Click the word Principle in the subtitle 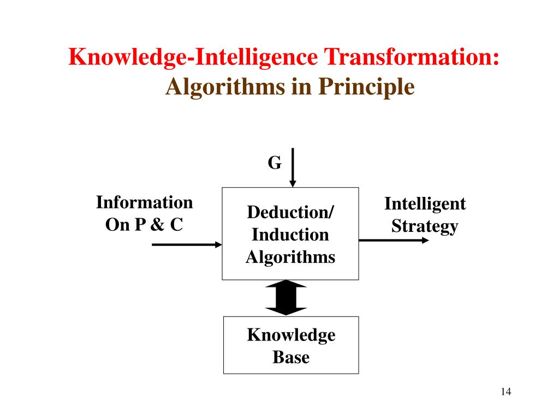[367, 87]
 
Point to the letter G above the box [275, 163]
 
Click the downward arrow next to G [293, 167]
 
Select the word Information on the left [145, 203]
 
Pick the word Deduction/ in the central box [290, 212]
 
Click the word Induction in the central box [290, 235]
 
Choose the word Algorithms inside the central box [290, 256]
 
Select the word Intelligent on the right [425, 204]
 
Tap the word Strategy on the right [425, 226]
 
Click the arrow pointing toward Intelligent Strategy [393, 240]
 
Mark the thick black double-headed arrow [286, 298]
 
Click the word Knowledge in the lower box [291, 334]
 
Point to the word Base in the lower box [291, 357]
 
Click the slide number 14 [505, 392]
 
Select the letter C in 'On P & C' [175, 224]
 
